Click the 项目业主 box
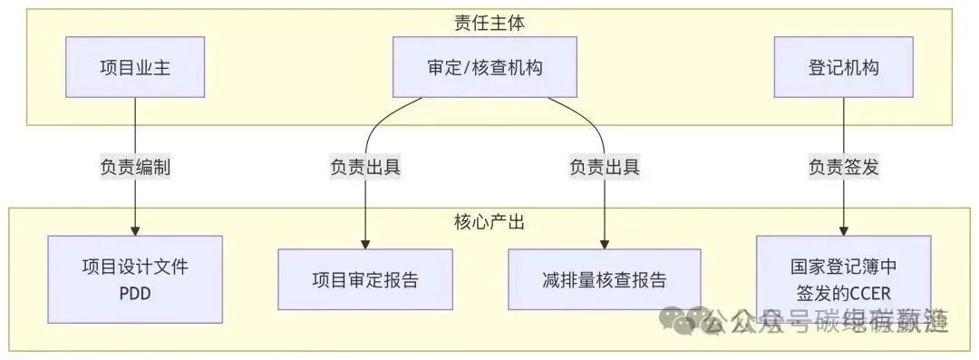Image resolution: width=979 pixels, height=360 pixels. (135, 67)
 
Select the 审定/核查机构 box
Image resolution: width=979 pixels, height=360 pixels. (484, 67)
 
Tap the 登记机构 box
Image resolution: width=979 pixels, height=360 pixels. (843, 67)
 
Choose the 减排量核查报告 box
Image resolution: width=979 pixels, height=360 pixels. (605, 279)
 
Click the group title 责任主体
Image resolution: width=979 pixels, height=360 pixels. (489, 22)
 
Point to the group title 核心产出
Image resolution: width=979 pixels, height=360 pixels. (489, 221)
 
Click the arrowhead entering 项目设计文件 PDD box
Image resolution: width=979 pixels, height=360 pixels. (135, 230)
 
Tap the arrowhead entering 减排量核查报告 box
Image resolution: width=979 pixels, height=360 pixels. (605, 243)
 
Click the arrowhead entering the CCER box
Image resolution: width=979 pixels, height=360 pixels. (843, 230)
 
